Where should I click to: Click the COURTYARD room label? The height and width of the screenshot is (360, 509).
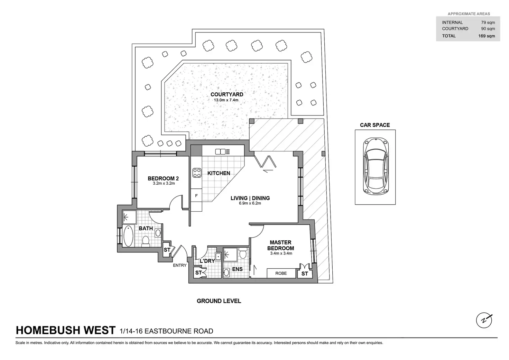pyautogui.click(x=226, y=94)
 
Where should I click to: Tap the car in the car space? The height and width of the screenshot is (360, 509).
pyautogui.click(x=375, y=166)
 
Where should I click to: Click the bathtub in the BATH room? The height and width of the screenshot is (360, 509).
pyautogui.click(x=128, y=236)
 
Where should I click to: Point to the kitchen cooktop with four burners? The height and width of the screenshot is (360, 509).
pyautogui.click(x=197, y=173)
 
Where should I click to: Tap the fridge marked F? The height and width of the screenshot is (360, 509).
pyautogui.click(x=196, y=196)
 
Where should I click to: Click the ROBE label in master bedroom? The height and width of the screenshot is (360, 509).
pyautogui.click(x=281, y=273)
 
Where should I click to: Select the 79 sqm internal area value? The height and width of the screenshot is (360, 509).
pyautogui.click(x=488, y=22)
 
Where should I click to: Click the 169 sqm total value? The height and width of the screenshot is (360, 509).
pyautogui.click(x=487, y=36)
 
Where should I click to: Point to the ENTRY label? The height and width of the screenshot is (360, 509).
pyautogui.click(x=180, y=266)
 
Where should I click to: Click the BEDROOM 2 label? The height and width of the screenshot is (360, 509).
pyautogui.click(x=163, y=178)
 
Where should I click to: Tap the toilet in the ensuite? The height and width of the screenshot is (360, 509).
pyautogui.click(x=243, y=254)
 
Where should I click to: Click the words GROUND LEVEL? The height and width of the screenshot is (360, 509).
pyautogui.click(x=219, y=301)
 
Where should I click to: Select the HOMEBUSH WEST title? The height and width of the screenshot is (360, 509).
pyautogui.click(x=66, y=331)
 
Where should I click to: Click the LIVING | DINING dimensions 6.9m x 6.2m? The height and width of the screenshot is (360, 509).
pyautogui.click(x=250, y=203)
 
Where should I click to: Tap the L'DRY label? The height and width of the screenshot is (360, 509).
pyautogui.click(x=207, y=261)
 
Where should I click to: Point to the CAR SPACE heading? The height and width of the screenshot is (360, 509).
pyautogui.click(x=375, y=125)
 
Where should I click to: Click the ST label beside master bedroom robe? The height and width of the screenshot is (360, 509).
pyautogui.click(x=305, y=274)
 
